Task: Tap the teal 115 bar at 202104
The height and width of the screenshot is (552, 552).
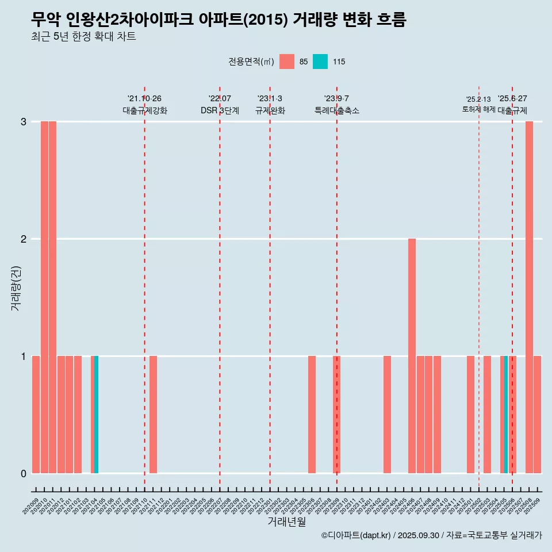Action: click(97, 414)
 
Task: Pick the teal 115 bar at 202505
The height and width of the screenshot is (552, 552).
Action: click(505, 414)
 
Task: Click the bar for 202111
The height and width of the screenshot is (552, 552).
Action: click(153, 414)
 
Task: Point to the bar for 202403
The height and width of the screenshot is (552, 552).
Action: click(387, 414)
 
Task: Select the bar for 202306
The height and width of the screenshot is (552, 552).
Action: click(312, 414)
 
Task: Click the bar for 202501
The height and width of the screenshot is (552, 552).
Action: click(470, 414)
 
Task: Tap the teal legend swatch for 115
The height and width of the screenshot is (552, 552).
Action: click(320, 62)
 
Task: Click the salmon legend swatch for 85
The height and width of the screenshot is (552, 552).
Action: click(287, 62)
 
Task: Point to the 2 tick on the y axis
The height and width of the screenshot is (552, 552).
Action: click(24, 239)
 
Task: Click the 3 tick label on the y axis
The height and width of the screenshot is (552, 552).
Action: click(24, 121)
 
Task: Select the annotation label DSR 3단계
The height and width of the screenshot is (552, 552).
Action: click(220, 110)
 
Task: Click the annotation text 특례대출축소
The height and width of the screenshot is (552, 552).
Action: click(337, 110)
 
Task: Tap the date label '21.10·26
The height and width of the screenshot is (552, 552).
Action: click(144, 99)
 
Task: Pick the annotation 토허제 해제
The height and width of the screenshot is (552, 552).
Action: click(478, 109)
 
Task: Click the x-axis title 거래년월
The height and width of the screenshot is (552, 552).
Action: click(286, 522)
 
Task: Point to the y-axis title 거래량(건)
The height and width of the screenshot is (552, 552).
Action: click(16, 287)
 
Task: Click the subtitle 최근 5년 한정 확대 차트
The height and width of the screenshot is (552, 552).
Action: click(84, 37)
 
